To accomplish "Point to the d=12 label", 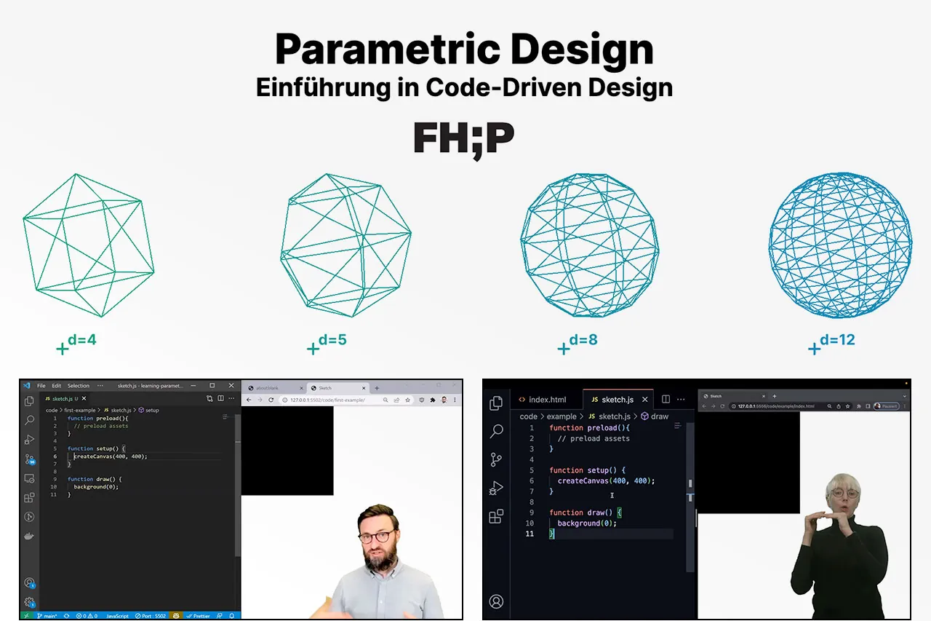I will [x=837, y=339].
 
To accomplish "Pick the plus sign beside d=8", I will [x=563, y=349].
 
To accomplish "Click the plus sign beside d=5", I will [x=313, y=349].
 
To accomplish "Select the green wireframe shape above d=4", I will [x=87, y=245].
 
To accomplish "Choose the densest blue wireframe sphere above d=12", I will [x=840, y=245].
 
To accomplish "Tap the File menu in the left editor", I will [x=41, y=386].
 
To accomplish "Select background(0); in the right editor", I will [x=587, y=523].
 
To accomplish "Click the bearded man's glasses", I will [x=376, y=537].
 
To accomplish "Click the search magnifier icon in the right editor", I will [x=497, y=431].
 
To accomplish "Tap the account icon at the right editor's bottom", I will [x=497, y=601].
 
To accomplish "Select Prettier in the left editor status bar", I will [x=201, y=615].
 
